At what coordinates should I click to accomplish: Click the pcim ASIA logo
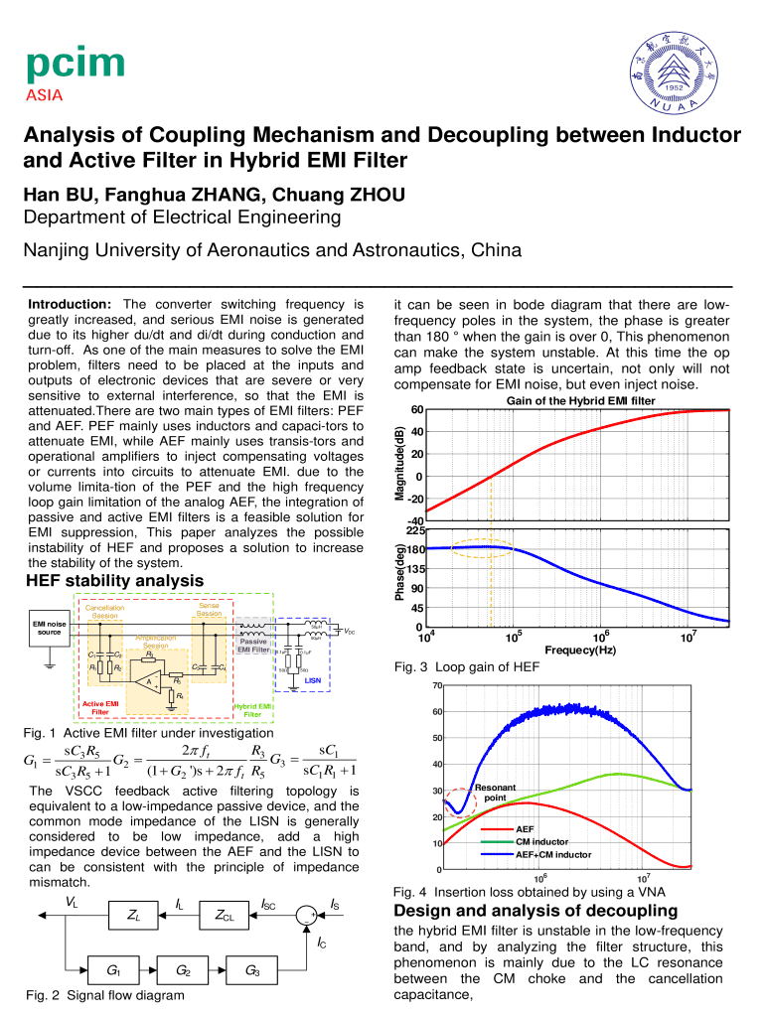[75, 75]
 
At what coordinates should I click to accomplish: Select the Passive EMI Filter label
[253, 646]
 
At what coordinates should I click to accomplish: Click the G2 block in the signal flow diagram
[184, 968]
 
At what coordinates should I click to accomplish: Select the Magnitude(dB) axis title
[399, 465]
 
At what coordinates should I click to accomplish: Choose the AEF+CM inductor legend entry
[553, 854]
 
